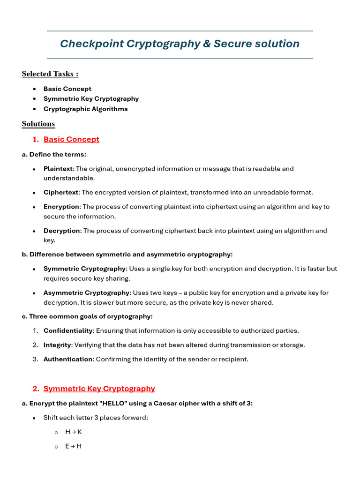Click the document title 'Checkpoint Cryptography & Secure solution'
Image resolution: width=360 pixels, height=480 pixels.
tap(180, 44)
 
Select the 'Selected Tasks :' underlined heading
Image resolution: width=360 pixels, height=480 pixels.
tap(50, 74)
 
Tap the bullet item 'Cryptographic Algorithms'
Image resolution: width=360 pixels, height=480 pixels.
tap(85, 109)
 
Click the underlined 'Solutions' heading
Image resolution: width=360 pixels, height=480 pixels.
tap(38, 124)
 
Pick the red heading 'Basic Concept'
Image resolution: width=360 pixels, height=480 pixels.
tap(71, 139)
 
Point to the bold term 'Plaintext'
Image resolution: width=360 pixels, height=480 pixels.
tap(58, 169)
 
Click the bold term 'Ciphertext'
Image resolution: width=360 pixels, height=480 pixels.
tap(61, 192)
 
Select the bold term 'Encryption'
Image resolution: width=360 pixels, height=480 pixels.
tap(61, 207)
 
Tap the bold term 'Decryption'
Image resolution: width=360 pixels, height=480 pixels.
tap(62, 231)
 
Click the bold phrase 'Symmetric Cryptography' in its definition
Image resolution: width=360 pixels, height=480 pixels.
tap(84, 269)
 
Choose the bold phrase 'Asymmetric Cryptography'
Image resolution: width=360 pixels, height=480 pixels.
tap(86, 292)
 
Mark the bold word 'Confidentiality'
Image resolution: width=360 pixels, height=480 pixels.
tap(68, 330)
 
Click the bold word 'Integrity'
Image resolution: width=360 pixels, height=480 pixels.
tap(57, 345)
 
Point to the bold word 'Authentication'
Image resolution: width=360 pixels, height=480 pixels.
tap(68, 359)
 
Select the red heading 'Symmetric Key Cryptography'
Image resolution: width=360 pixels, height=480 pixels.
tap(99, 389)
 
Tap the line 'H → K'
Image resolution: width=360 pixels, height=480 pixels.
tap(74, 432)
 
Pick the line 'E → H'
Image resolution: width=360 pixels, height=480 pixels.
tap(73, 446)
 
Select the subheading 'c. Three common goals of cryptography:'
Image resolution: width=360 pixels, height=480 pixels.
tap(87, 316)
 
